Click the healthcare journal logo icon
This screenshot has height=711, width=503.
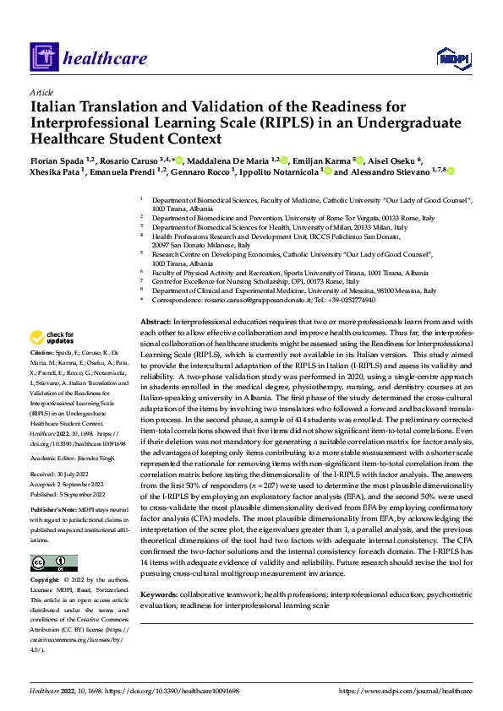[42, 57]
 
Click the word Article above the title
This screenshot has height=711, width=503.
[41, 92]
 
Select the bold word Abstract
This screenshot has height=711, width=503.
[156, 323]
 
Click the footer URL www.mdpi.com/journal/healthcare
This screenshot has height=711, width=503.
[405, 691]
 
